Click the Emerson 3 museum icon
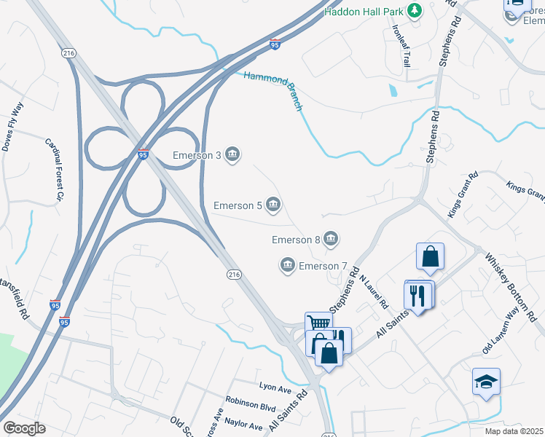point(232,154)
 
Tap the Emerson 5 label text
point(238,205)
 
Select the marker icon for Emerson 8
point(331,238)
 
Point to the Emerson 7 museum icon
point(287,265)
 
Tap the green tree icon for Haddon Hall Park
point(415,11)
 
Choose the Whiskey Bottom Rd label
point(514,287)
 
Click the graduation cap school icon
point(486,380)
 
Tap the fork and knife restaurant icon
point(418,295)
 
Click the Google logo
point(24,428)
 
